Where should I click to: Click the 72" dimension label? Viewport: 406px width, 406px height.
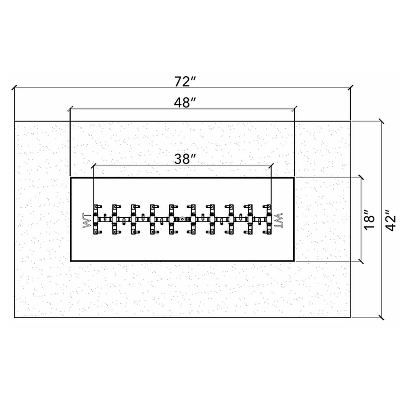184,82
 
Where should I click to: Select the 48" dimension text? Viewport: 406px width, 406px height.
184,103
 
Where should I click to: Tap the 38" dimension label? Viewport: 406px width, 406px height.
184,159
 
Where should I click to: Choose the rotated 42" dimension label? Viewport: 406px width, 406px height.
390,220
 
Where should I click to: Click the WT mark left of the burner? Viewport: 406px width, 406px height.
87,220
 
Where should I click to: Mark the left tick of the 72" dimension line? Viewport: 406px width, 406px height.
15,88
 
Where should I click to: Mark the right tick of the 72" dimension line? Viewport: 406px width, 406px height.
351,88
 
